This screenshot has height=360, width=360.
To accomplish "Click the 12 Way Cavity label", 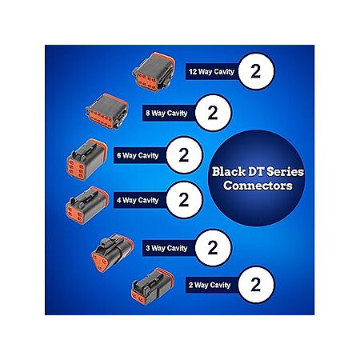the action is click(x=211, y=71).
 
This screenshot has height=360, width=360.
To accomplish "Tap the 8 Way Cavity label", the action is click(x=166, y=114).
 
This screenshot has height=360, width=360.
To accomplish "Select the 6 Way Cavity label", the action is click(x=138, y=155).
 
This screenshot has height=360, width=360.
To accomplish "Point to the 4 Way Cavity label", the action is click(x=138, y=200).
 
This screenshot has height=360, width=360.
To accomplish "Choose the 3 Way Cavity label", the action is click(x=166, y=248).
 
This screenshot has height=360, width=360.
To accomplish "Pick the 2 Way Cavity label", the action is click(x=210, y=285).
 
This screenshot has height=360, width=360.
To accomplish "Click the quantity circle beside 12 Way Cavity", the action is click(x=256, y=71).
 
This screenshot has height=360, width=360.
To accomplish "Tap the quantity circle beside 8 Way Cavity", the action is click(x=213, y=113).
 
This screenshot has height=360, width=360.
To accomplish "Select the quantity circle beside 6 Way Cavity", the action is click(x=184, y=155).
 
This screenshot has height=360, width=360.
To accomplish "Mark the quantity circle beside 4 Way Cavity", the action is click(x=184, y=200).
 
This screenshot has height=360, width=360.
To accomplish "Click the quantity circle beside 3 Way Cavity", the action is click(x=213, y=248).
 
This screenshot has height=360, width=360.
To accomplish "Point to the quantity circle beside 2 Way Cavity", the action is click(x=256, y=285).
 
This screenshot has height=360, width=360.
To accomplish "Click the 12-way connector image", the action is click(x=154, y=72).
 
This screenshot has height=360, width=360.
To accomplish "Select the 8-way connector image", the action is click(x=107, y=111).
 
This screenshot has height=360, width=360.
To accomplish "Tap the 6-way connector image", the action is click(x=86, y=159).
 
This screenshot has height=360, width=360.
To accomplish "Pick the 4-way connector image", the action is click(x=87, y=206).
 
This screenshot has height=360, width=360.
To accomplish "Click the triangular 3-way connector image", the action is click(x=112, y=253).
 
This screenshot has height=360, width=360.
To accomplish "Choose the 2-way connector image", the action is click(x=153, y=286).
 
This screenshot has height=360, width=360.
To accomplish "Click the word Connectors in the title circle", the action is click(x=258, y=186).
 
